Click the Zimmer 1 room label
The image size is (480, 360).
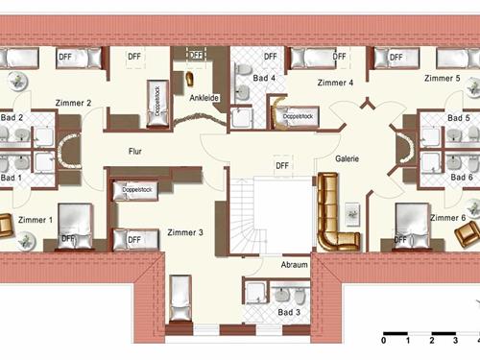36,221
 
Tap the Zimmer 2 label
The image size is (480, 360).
74,103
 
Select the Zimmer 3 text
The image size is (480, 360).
184,233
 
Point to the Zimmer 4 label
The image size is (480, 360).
336,83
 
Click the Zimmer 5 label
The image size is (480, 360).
444,79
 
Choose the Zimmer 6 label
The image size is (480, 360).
447,218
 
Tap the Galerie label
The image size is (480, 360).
347,159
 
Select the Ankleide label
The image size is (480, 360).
204,99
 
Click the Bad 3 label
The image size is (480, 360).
289,313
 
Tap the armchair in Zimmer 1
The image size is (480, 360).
6,227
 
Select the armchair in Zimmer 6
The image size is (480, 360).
472,207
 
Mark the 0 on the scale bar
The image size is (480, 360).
384,340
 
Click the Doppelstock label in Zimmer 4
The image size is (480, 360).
298,118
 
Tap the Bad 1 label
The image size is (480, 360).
11,178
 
